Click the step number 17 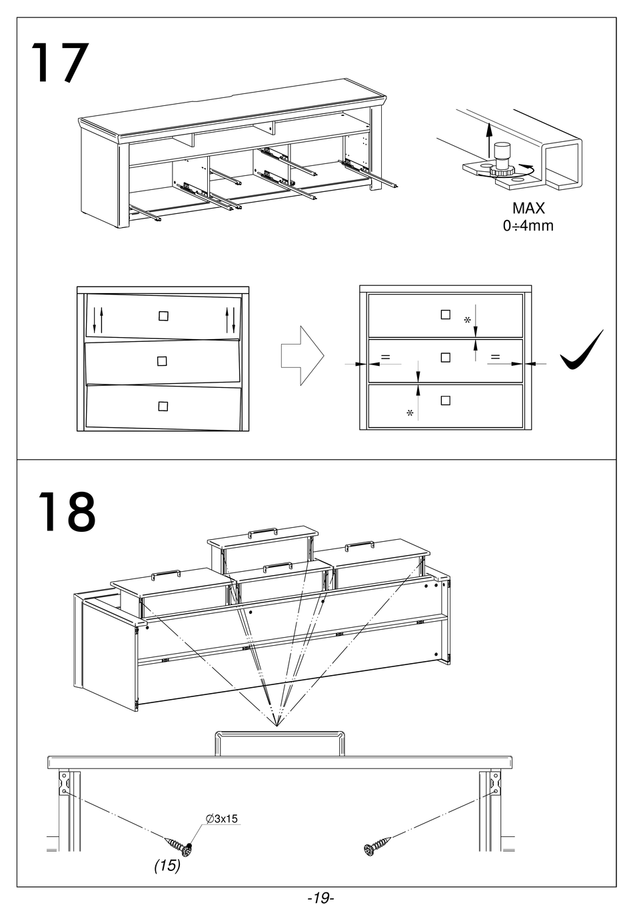pyautogui.click(x=59, y=63)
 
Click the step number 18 pyautogui.click(x=66, y=511)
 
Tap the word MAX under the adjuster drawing pyautogui.click(x=528, y=209)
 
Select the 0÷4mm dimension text pyautogui.click(x=528, y=225)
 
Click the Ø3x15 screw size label pyautogui.click(x=222, y=818)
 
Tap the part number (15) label pyautogui.click(x=167, y=866)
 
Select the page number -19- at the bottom pyautogui.click(x=320, y=897)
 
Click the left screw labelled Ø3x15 pyautogui.click(x=179, y=846)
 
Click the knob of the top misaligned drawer pyautogui.click(x=163, y=316)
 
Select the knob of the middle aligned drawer pyautogui.click(x=446, y=357)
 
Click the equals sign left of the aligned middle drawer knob pyautogui.click(x=386, y=358)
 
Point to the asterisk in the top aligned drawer pyautogui.click(x=467, y=320)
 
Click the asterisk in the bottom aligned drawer pyautogui.click(x=410, y=413)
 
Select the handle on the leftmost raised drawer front pyautogui.click(x=165, y=572)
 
